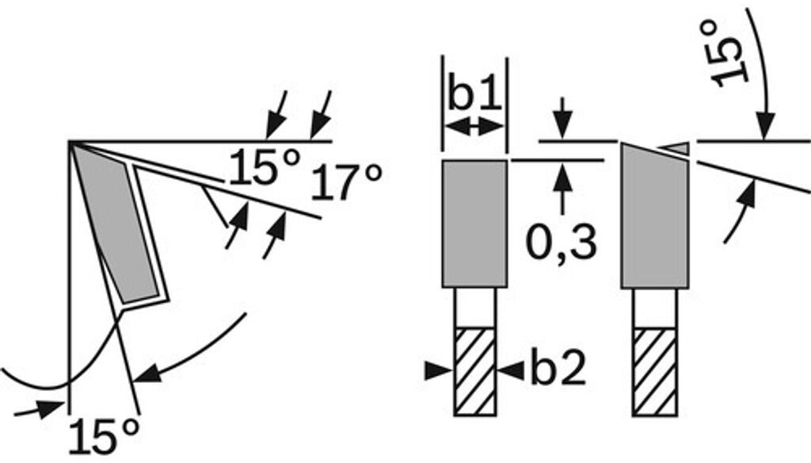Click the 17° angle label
[x=345, y=182]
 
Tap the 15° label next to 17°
[x=265, y=169]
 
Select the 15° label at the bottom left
[x=104, y=437]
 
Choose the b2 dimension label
[x=558, y=369]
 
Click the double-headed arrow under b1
[x=474, y=126]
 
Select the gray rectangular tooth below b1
[x=474, y=222]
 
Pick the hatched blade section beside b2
[x=474, y=370]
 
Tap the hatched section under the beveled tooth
[x=653, y=370]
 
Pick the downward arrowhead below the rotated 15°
[x=765, y=127]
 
